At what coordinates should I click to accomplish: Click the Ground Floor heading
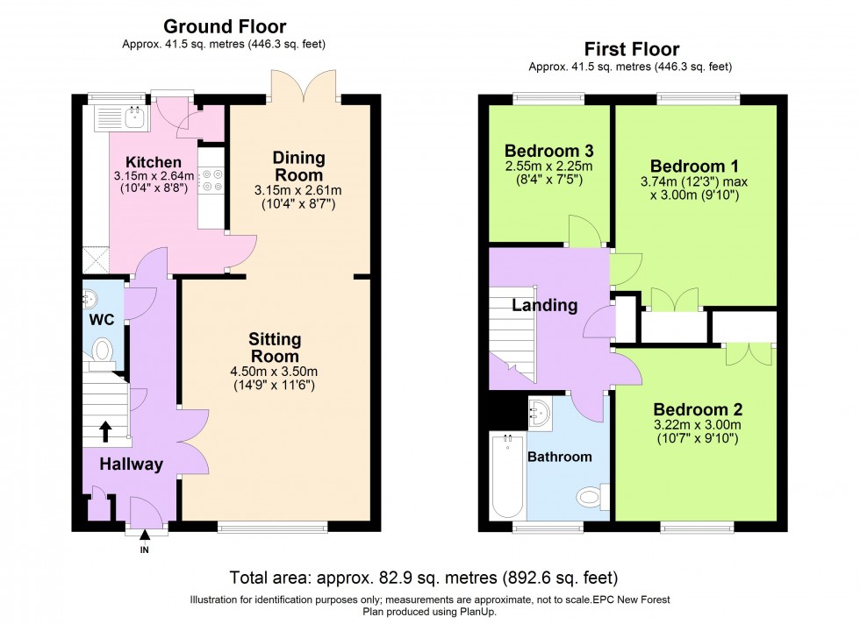click(226, 27)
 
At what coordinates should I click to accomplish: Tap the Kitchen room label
click(154, 162)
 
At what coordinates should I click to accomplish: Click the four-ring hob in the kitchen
click(211, 181)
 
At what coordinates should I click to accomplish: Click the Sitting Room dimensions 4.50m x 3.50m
click(275, 370)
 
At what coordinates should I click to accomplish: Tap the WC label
click(102, 320)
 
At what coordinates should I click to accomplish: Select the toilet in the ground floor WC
click(103, 351)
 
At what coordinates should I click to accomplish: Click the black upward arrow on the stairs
click(106, 430)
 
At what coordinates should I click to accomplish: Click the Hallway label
click(130, 464)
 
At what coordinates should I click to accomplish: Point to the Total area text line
click(423, 578)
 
